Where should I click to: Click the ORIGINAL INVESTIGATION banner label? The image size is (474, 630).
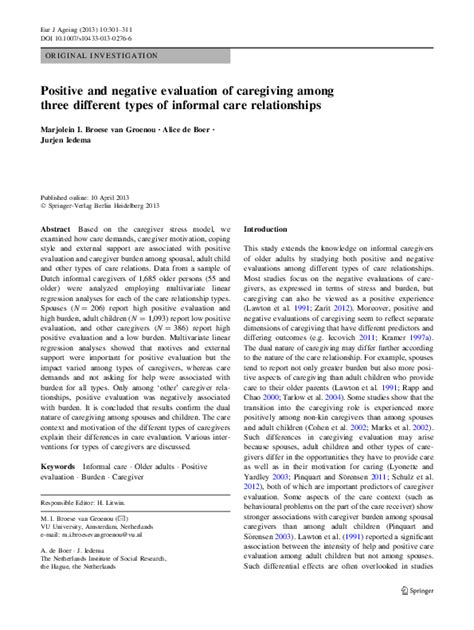[x=98, y=60]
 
